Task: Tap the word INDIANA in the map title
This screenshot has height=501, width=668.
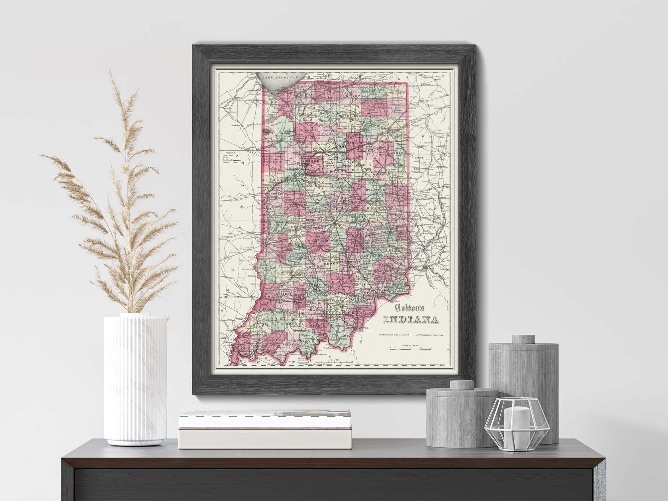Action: click(x=410, y=320)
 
